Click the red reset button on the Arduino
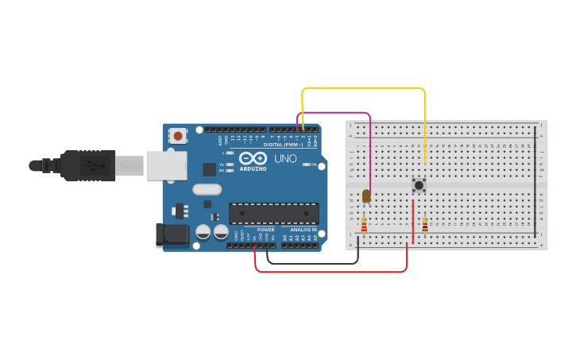point(178,136)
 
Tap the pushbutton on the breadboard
point(419,185)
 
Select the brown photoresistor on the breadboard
point(366,195)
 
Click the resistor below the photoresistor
point(365,226)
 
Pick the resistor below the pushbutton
point(425,225)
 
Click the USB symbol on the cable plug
point(95,166)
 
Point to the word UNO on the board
point(285,158)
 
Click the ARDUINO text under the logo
point(253,168)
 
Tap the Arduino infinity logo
point(253,158)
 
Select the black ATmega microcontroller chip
point(274,213)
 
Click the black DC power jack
point(172,234)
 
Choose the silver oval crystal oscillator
point(207,189)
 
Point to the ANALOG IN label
point(303,230)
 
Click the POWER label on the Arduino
point(265,230)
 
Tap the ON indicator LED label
point(314,165)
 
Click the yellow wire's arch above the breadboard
point(363,88)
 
